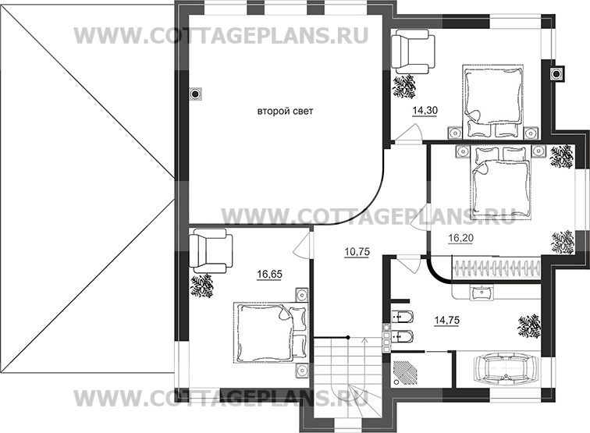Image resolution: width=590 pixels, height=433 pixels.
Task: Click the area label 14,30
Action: point(424,112)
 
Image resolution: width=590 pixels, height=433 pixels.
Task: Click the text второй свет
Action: point(285,112)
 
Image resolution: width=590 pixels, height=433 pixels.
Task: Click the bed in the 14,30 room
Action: point(490,96)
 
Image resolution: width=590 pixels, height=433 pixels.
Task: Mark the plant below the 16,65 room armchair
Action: point(203,285)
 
